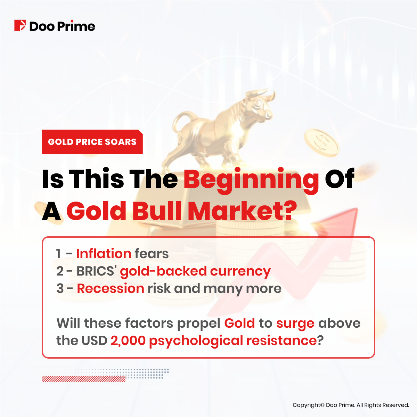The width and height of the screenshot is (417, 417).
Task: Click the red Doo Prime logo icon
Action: (x=20, y=26)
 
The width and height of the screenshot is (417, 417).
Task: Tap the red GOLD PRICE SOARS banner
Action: (x=92, y=142)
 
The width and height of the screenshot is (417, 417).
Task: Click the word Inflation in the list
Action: (x=104, y=254)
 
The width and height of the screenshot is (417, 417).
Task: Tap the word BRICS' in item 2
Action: (x=96, y=271)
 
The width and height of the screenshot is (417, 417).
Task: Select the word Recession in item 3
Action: (x=111, y=288)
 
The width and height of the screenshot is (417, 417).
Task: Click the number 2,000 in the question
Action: (x=128, y=341)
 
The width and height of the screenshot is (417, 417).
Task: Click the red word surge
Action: (x=295, y=324)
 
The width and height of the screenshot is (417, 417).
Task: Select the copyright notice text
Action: (x=351, y=405)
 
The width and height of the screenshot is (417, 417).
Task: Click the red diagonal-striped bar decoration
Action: (x=83, y=379)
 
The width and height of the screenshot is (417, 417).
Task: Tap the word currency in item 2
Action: (x=240, y=271)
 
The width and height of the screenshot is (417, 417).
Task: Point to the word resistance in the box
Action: (x=281, y=341)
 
